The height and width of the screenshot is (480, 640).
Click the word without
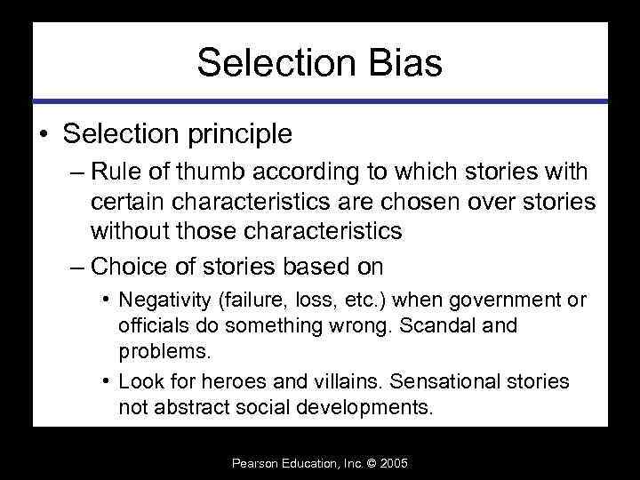[126, 231]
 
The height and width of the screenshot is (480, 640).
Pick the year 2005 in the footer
[394, 464]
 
